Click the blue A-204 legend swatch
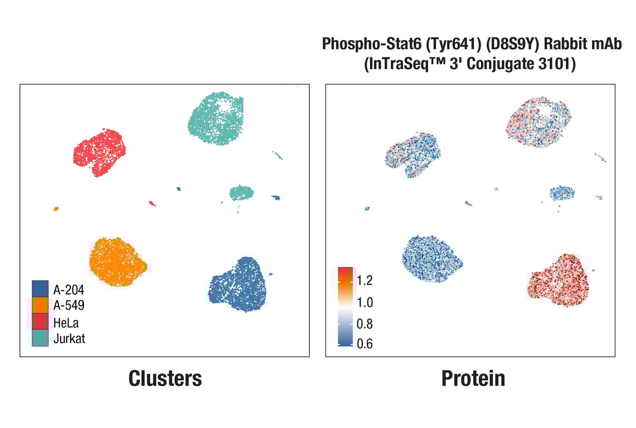pos(40,289)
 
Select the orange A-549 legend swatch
pos(40,305)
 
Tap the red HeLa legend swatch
pos(40,322)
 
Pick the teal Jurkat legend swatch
pos(40,338)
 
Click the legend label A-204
pos(69,289)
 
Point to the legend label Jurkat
pos(69,338)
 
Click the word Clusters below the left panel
pos(165,378)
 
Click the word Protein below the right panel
pos(473,378)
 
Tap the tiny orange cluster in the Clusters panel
pos(56,209)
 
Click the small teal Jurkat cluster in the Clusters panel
pos(241,193)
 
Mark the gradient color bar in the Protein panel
pos(345,307)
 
